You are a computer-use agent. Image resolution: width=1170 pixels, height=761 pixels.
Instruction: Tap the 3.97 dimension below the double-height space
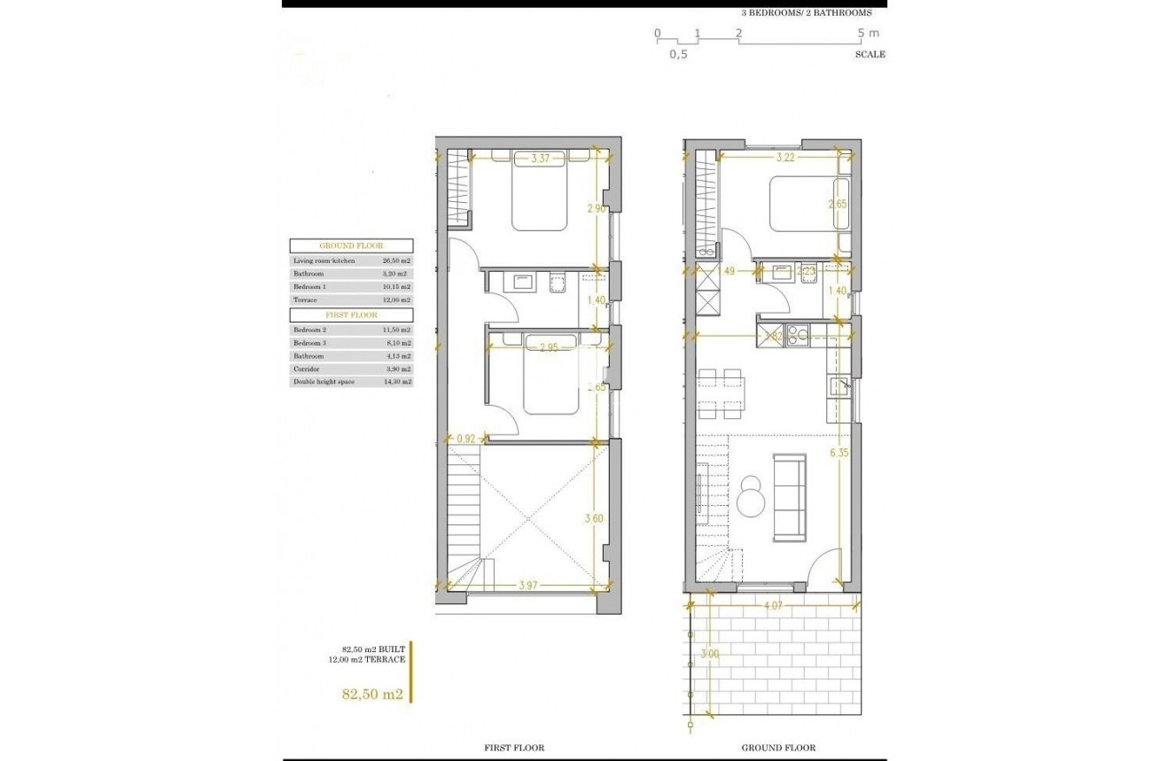pos(529,586)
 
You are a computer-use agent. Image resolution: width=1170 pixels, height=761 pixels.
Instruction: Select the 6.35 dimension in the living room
pos(838,454)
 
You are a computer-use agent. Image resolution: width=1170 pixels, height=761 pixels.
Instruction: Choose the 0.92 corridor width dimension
pos(467,438)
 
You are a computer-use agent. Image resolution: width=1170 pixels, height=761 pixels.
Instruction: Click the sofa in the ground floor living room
pos(789,496)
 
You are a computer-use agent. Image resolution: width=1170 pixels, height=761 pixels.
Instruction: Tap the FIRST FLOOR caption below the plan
pos(514,748)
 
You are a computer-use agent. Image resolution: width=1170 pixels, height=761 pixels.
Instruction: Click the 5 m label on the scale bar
pos(868,34)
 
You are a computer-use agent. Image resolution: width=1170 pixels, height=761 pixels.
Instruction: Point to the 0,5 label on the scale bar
pos(678,54)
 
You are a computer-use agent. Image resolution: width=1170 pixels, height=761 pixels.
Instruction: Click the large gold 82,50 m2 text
pos(372,695)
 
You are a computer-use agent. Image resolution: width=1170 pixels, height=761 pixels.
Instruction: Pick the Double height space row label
pos(324,382)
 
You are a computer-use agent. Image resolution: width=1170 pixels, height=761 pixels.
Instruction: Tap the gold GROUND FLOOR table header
pos(350,245)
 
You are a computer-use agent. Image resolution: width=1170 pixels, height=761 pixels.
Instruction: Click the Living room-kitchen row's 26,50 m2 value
pos(394,261)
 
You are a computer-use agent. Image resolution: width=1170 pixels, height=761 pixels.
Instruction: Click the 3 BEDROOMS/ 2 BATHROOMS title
pos(807,12)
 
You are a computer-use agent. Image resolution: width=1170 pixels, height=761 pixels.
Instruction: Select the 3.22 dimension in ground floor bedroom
pos(784,159)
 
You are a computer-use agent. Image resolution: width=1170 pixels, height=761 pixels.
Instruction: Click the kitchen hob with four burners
pos(798,335)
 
